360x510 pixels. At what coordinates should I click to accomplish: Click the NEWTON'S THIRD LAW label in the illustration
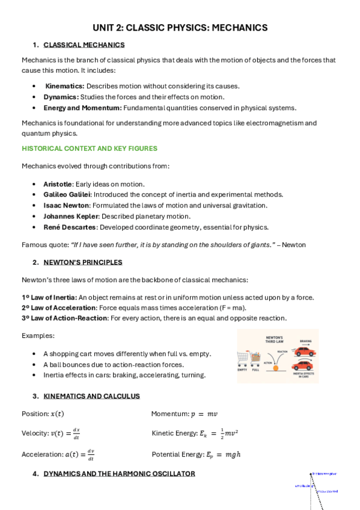274,340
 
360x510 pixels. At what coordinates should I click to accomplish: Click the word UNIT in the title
103,28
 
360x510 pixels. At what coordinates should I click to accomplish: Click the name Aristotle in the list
58,184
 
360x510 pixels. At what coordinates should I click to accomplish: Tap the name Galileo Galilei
67,195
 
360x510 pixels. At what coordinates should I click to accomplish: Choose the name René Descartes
69,227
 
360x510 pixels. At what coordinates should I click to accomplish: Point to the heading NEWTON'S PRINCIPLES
83,262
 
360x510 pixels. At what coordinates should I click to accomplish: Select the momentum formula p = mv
205,414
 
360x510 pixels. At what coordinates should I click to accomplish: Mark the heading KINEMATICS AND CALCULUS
91,396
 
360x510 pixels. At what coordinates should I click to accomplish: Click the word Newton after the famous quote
293,245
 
